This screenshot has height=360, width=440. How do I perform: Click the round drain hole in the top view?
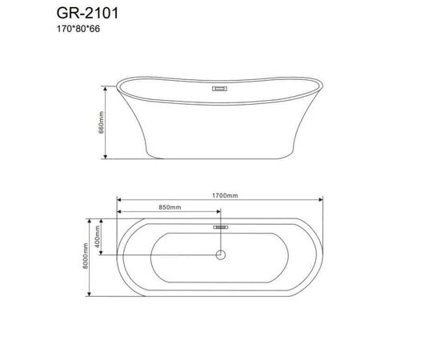(x=220, y=255)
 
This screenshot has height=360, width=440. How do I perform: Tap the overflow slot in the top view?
(x=220, y=226)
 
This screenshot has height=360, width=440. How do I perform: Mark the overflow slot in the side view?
(x=220, y=90)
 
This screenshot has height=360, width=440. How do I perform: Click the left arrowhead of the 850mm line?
(x=119, y=213)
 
